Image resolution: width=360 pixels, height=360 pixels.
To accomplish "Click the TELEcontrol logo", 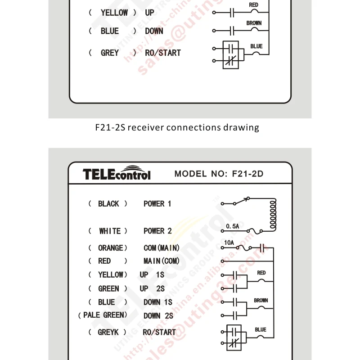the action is click(x=117, y=174).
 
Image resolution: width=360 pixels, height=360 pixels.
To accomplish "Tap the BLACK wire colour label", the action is click(x=108, y=204).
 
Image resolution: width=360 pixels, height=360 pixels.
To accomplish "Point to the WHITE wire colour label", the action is click(x=110, y=231).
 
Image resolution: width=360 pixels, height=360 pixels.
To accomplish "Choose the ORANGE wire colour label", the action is click(x=110, y=248).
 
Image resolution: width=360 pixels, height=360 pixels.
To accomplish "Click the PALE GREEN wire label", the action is click(x=103, y=315).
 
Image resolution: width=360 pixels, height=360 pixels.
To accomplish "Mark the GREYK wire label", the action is click(x=108, y=332).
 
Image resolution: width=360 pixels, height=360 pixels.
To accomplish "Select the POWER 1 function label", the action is click(x=157, y=204).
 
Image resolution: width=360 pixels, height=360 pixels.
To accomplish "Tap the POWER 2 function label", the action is click(x=157, y=231).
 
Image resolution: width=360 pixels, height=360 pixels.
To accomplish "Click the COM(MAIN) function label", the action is click(x=162, y=248).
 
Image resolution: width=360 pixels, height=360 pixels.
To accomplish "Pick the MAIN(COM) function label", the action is click(x=161, y=261).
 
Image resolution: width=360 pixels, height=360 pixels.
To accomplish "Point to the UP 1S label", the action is click(x=152, y=274).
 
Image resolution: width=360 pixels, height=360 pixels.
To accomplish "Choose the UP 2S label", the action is click(x=152, y=288).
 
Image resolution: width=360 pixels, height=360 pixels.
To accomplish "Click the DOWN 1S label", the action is click(x=158, y=302).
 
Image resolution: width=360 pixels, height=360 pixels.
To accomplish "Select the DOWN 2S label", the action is click(x=158, y=316).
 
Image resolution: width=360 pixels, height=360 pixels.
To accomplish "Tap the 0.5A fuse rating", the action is click(x=233, y=226).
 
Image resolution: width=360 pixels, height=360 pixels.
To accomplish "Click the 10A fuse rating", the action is click(x=229, y=243).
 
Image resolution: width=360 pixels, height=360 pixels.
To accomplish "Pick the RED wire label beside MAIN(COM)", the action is click(x=104, y=261).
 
